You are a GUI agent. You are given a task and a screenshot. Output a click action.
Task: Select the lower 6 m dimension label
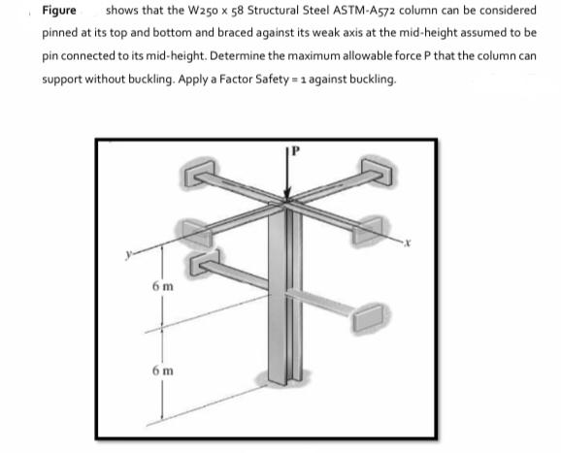click(x=162, y=373)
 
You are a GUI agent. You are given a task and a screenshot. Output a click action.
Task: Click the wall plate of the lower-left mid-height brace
click(x=203, y=265)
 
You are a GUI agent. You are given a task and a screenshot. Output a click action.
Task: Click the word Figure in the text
click(x=60, y=11)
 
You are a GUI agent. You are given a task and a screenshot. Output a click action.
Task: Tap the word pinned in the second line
click(x=61, y=33)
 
